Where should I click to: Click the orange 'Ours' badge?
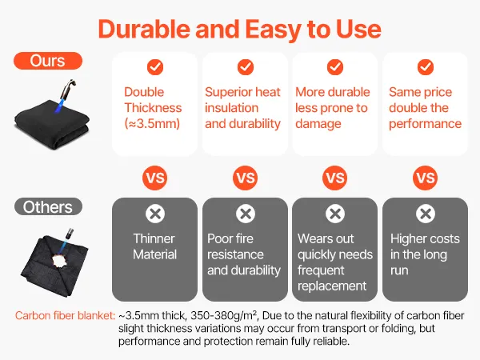coord(48,61)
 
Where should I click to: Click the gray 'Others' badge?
coord(48,206)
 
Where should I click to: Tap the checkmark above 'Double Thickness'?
coord(155,67)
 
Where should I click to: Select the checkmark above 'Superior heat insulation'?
coord(246,67)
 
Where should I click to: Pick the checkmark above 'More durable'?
coord(335,67)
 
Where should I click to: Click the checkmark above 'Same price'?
coord(426,67)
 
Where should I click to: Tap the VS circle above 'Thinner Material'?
coord(155,178)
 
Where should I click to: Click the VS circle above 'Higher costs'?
coord(426,178)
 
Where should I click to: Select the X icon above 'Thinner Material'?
coord(155,214)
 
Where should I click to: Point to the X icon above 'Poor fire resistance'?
coord(246,214)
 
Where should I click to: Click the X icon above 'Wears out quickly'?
coord(335,214)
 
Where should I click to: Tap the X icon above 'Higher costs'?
coord(426,214)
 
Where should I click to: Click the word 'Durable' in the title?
coord(144,30)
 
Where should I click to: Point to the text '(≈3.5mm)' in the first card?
coord(152,124)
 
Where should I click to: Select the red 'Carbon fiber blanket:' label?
coord(66,316)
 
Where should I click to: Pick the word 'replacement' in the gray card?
coord(332,286)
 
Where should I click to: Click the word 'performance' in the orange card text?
coord(426,124)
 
